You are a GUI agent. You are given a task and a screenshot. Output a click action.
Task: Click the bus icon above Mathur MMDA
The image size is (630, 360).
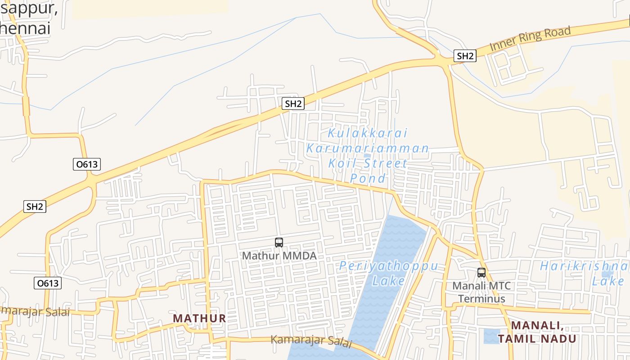point(279,243)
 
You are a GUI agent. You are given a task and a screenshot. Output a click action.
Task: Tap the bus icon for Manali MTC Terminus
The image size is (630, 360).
point(481,272)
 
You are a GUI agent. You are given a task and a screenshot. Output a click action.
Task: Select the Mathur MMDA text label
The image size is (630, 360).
point(279,256)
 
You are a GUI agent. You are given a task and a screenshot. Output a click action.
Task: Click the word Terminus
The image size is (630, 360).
point(481,298)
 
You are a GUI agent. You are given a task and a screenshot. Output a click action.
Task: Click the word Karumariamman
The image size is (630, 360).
point(368,148)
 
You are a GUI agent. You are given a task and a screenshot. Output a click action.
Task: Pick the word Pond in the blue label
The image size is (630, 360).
point(368,178)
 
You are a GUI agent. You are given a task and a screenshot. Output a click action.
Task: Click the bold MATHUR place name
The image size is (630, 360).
point(199,318)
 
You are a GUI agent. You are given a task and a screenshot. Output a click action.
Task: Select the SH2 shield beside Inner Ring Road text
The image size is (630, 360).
point(465,56)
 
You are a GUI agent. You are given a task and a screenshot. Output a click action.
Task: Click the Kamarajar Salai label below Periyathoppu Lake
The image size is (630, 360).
point(310,341)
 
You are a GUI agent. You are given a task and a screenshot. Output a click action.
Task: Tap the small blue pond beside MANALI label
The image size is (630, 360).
point(491,336)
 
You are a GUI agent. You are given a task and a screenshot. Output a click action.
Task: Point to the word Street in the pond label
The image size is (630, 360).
point(385,163)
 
